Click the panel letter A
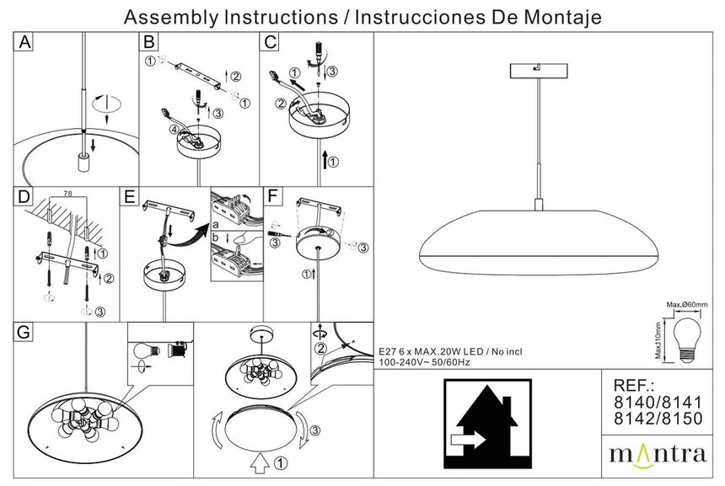click(x=25, y=42)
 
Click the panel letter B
click(x=148, y=42)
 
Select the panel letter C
click(x=270, y=42)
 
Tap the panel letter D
click(x=25, y=197)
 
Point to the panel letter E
click(x=129, y=197)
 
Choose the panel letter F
click(x=271, y=197)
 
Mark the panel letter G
click(x=25, y=332)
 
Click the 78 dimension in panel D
click(x=67, y=194)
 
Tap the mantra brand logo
click(x=658, y=455)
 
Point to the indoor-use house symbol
click(x=487, y=423)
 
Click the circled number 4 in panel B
click(x=174, y=130)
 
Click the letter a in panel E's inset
click(x=215, y=227)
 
